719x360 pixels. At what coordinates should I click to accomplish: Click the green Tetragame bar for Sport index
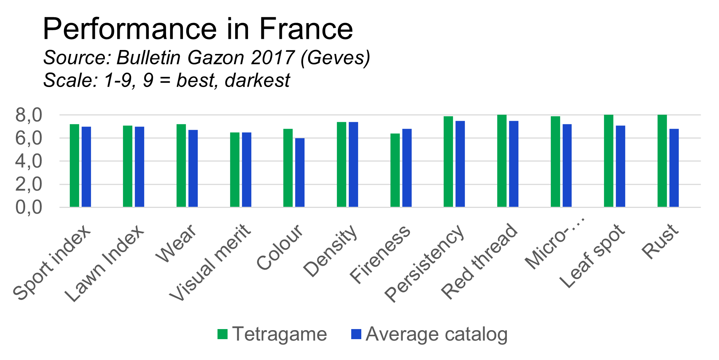pyautogui.click(x=74, y=165)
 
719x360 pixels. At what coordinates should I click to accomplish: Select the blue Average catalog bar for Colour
pyautogui.click(x=300, y=173)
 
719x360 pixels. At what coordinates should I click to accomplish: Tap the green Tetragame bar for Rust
pyautogui.click(x=662, y=161)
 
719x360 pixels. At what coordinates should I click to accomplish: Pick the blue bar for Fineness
pyautogui.click(x=407, y=168)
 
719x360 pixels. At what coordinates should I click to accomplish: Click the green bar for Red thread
pyautogui.click(x=502, y=161)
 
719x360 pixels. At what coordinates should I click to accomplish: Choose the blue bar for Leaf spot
pyautogui.click(x=620, y=166)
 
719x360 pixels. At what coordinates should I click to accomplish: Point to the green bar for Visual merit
pyautogui.click(x=235, y=170)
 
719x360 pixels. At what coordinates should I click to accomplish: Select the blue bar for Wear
pyautogui.click(x=193, y=168)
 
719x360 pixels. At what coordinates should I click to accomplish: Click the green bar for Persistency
pyautogui.click(x=448, y=162)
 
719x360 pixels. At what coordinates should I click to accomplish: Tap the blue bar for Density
pyautogui.click(x=353, y=165)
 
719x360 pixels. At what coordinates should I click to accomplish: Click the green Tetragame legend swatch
pyautogui.click(x=223, y=334)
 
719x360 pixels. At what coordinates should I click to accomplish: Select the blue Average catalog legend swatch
pyautogui.click(x=356, y=334)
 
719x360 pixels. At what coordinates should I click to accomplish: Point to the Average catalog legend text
pyautogui.click(x=436, y=334)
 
